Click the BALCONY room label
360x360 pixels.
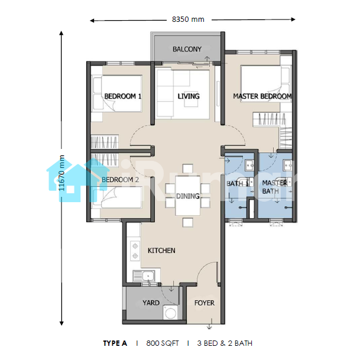coord(187,49)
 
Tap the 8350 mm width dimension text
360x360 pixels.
coord(188,20)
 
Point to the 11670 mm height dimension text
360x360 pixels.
coord(61,173)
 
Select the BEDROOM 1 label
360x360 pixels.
coord(122,96)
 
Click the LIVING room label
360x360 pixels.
coord(189,96)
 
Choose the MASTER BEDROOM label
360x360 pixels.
coord(262,96)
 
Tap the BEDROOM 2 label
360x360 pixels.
coord(121,180)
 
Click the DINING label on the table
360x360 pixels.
coord(187,196)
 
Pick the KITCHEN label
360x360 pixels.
coord(161,251)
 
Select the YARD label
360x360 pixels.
coord(151,303)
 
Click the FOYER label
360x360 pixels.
coord(205,303)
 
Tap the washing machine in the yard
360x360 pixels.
coord(170,313)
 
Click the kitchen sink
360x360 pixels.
coord(144,276)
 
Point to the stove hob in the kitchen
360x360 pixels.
coord(135,251)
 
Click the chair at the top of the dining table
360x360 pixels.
coord(188,168)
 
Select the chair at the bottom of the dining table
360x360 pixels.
coord(188,222)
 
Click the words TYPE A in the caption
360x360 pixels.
coord(115,343)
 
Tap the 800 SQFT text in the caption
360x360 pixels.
coord(163,343)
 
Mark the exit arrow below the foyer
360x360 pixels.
coord(209,325)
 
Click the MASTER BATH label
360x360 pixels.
coord(275,187)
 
